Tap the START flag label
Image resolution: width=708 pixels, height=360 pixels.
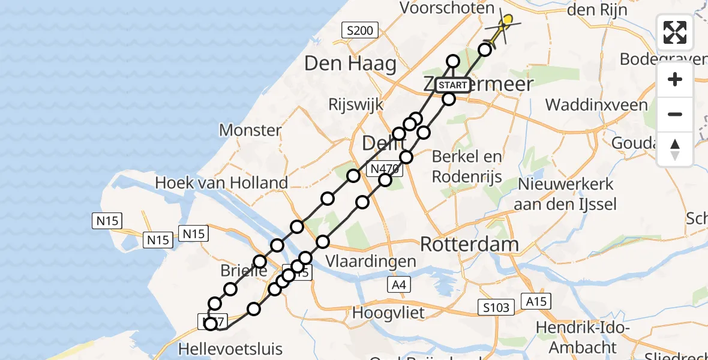coord(452,85)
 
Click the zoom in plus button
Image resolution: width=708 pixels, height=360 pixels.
coord(675,80)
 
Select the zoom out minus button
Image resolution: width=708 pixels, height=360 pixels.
coord(675,115)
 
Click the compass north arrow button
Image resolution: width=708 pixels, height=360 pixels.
coord(675,149)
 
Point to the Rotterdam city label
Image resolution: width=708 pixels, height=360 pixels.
coord(469,244)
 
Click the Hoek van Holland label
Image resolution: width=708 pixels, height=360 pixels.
coord(221,182)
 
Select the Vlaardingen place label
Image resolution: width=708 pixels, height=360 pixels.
coord(371,262)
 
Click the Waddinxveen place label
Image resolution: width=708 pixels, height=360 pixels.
coord(596,105)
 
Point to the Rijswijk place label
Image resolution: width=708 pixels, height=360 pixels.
coord(356,104)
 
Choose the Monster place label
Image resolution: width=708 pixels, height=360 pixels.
coord(250,130)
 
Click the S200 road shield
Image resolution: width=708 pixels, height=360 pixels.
coord(359,29)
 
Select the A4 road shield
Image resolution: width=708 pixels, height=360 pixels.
coord(398,285)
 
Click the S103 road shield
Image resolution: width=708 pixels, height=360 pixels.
coord(497,308)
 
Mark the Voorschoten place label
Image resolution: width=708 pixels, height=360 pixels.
coord(447,8)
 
